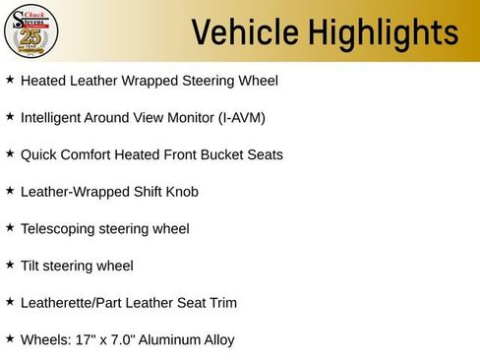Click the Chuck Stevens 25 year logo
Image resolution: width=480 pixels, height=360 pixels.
pyautogui.click(x=31, y=31)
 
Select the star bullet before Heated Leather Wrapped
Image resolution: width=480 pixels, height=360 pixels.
pyautogui.click(x=10, y=79)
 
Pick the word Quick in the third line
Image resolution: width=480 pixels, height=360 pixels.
pyautogui.click(x=38, y=154)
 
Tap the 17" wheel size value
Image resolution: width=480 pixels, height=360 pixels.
pyautogui.click(x=83, y=340)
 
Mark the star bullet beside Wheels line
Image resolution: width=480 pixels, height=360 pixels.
pyautogui.click(x=10, y=339)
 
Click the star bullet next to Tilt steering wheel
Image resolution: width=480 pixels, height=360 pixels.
pyautogui.click(x=10, y=265)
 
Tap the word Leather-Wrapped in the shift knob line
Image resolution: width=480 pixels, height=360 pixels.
pyautogui.click(x=73, y=191)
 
